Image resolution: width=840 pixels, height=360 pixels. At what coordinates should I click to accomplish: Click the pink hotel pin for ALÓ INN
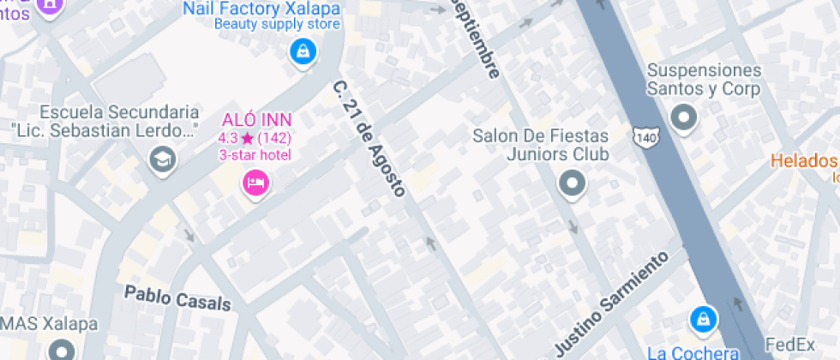tap(255, 183)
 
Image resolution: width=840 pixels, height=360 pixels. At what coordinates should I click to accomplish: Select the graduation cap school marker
tap(161, 159)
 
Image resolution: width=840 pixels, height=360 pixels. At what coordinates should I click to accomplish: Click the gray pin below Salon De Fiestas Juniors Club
tap(571, 183)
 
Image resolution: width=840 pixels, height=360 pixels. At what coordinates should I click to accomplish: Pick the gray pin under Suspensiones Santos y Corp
tap(683, 117)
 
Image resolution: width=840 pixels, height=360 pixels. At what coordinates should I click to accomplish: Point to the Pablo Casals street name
tap(177, 297)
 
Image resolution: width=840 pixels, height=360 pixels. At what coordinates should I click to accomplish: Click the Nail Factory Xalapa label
tap(261, 9)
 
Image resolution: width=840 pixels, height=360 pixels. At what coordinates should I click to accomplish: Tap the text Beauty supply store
tap(265, 24)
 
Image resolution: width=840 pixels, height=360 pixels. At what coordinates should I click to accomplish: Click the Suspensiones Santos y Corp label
tap(704, 79)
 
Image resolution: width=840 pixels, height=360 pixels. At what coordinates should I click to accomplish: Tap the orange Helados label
tap(803, 160)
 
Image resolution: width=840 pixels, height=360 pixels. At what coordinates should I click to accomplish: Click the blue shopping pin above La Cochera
tap(703, 320)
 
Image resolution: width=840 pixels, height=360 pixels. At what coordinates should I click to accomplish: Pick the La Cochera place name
tap(693, 351)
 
